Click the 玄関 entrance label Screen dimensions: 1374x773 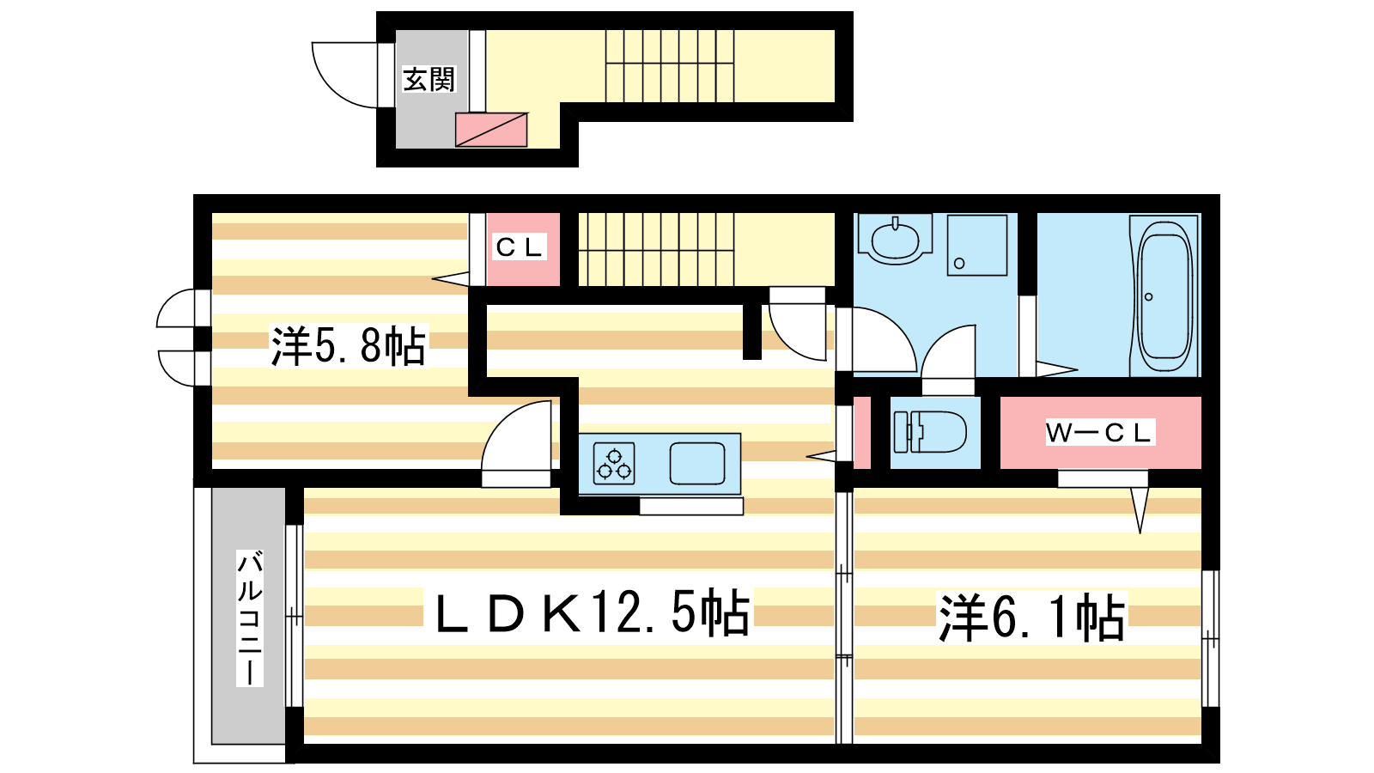pyautogui.click(x=429, y=80)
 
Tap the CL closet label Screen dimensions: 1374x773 pyautogui.click(x=519, y=247)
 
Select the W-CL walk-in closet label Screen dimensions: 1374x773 pyautogui.click(x=1099, y=433)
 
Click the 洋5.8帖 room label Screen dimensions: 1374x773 pyautogui.click(x=349, y=346)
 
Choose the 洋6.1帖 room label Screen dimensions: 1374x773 pyautogui.click(x=1032, y=618)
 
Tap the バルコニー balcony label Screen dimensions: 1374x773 pyautogui.click(x=250, y=618)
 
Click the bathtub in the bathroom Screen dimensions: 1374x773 pyautogui.click(x=1164, y=295)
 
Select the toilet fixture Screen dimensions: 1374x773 pyautogui.click(x=930, y=432)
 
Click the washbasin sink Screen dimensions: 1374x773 pyautogui.click(x=895, y=240)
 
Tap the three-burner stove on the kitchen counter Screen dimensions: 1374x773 pyautogui.click(x=614, y=464)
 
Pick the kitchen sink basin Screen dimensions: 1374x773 pyautogui.click(x=696, y=464)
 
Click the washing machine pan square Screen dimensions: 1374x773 pyautogui.click(x=977, y=245)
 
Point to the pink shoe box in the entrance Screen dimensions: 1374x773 pyautogui.click(x=490, y=130)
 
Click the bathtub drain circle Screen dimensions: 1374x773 pyautogui.click(x=1148, y=297)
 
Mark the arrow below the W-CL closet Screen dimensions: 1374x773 pyautogui.click(x=1140, y=510)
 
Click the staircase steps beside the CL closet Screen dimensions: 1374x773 pyautogui.click(x=656, y=250)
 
